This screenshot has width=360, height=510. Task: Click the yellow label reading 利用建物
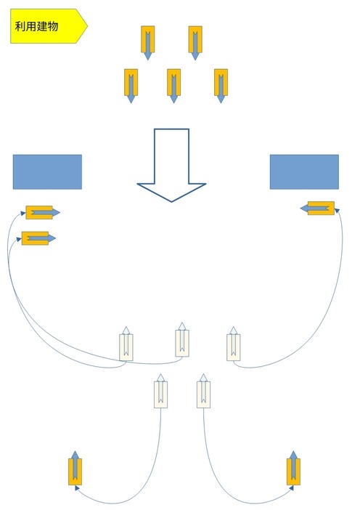(49, 26)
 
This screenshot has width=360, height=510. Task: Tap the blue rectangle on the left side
(47, 171)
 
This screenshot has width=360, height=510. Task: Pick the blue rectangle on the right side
(304, 171)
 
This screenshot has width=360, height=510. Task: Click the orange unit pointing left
(317, 209)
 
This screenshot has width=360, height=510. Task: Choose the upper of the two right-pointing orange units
(43, 213)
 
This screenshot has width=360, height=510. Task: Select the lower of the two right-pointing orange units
(38, 238)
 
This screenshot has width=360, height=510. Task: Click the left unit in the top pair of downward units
(148, 43)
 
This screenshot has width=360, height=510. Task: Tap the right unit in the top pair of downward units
(195, 43)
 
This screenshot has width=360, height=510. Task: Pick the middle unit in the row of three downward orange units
(173, 86)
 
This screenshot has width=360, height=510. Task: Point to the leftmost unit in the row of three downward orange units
(131, 86)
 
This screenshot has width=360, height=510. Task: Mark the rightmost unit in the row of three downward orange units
(221, 86)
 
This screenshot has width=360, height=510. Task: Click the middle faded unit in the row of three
(182, 339)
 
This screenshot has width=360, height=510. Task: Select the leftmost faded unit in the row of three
(126, 344)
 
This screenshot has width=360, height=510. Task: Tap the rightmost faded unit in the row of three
(233, 344)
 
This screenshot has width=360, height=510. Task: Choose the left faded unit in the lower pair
(160, 391)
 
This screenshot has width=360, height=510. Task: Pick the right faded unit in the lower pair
(203, 391)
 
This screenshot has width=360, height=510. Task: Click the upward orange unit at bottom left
(75, 468)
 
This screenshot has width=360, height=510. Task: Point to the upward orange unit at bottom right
(293, 468)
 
